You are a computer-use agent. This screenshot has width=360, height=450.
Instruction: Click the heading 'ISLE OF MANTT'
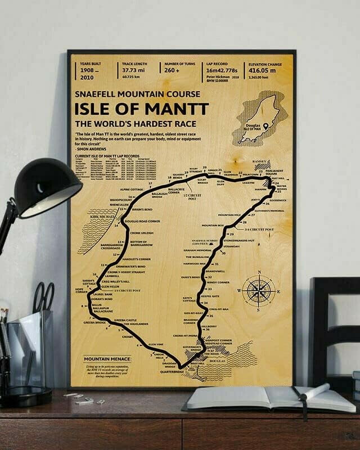click(141, 109)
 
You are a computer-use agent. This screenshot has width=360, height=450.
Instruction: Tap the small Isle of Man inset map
click(257, 119)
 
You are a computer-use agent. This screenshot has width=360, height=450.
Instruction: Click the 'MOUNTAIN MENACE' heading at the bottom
click(106, 358)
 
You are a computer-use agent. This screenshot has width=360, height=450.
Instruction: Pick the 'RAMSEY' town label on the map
click(260, 161)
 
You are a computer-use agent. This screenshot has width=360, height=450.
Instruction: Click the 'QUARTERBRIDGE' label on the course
click(172, 371)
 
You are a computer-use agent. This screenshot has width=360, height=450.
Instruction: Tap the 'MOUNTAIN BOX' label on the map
click(214, 225)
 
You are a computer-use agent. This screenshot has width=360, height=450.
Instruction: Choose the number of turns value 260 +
click(173, 71)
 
